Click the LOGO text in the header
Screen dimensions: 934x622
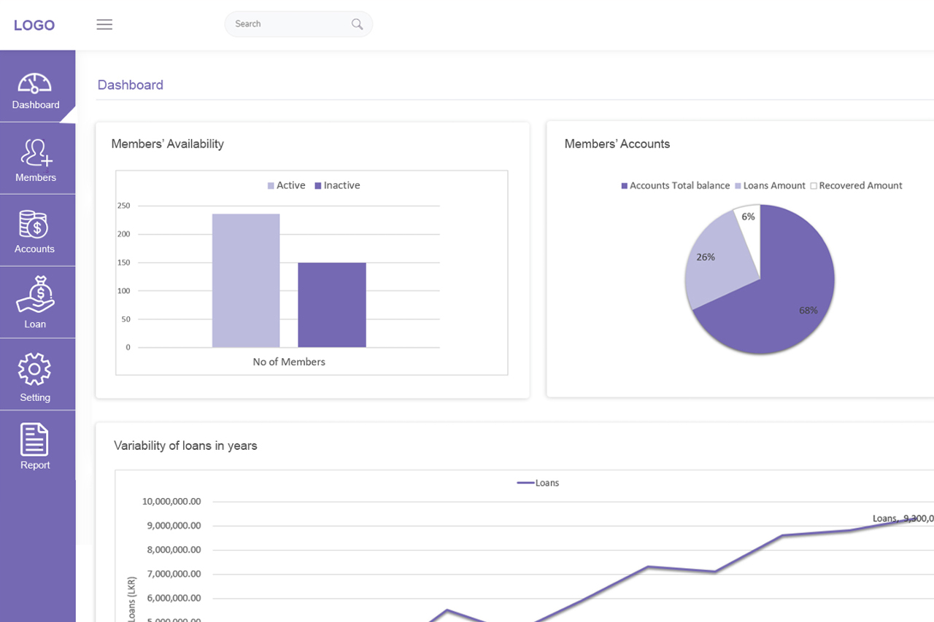34,25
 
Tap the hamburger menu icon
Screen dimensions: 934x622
104,25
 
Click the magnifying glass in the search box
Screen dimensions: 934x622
357,24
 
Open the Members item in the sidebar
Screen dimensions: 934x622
36,160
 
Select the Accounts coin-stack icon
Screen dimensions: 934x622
34,224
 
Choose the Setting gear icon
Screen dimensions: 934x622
34,369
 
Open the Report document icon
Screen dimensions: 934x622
34,439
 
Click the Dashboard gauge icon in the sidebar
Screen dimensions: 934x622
34,83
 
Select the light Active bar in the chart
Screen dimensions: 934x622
246,281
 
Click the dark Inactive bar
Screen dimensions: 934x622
332,305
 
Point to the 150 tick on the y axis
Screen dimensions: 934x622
123,263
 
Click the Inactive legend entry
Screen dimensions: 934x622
337,185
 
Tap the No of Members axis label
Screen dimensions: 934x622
289,362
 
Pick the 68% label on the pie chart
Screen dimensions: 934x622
808,311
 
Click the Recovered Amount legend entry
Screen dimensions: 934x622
856,185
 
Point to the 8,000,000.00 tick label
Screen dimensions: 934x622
174,550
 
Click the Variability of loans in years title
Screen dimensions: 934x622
185,446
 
